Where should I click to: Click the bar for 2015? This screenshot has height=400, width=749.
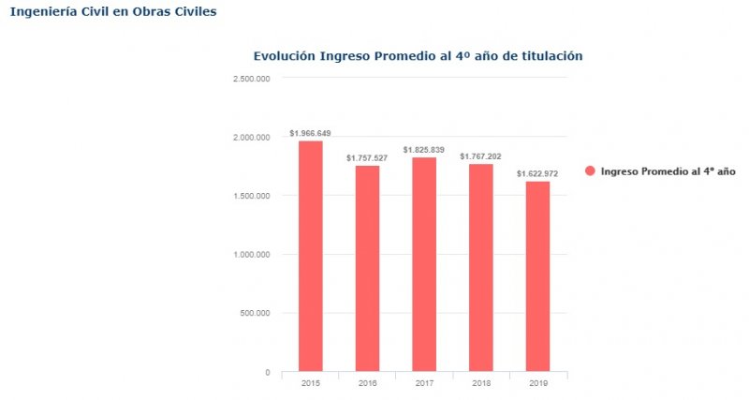(x=311, y=256)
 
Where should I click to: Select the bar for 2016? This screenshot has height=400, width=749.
(x=367, y=268)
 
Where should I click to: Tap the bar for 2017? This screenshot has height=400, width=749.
(x=424, y=264)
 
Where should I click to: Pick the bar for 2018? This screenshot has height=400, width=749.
(x=481, y=267)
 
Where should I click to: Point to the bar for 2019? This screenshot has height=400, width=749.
(x=537, y=276)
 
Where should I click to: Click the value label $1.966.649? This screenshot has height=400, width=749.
(x=311, y=133)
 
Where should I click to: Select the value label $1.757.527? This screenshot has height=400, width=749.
(x=367, y=158)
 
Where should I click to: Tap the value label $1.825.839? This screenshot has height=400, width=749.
(x=424, y=150)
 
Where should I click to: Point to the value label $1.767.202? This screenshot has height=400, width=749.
(x=481, y=156)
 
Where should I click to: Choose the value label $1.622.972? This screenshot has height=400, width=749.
(x=537, y=174)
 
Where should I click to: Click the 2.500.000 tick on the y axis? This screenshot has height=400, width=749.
(x=252, y=79)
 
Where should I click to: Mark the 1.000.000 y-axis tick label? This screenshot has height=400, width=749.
(x=252, y=255)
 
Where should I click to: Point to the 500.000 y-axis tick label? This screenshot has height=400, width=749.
(x=256, y=313)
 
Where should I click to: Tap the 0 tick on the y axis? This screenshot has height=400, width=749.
(x=267, y=372)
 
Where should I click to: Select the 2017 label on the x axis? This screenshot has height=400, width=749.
(x=424, y=384)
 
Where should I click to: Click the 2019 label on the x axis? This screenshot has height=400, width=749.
(x=537, y=384)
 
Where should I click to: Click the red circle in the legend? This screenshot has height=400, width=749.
(x=590, y=171)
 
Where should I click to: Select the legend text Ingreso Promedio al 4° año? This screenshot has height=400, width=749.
(x=668, y=171)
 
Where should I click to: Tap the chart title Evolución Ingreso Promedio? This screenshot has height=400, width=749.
(x=418, y=56)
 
